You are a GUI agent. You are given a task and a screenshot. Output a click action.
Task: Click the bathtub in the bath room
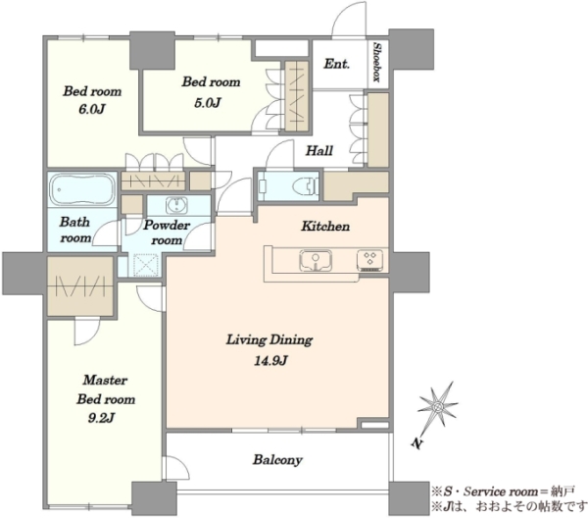click(82, 188)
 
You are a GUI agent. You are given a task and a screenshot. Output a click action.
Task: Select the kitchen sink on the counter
click(316, 260)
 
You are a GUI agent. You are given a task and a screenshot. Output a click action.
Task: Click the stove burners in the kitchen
click(370, 260)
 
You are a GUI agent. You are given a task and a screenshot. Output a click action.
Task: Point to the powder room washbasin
click(175, 205)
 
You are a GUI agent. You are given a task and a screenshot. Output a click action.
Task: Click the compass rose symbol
click(437, 406)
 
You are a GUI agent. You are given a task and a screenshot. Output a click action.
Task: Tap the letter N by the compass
click(416, 443)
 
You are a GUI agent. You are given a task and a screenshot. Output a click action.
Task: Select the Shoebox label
click(377, 63)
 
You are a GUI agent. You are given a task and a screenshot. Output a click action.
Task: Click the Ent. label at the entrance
click(336, 64)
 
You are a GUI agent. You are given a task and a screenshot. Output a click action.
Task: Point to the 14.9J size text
click(270, 361)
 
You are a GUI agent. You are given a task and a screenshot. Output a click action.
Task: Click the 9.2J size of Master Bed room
click(101, 417)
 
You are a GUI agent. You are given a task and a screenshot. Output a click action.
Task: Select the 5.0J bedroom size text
click(208, 102)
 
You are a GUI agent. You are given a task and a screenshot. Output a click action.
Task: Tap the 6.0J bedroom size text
click(91, 109)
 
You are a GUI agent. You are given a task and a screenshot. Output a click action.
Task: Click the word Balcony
click(277, 460)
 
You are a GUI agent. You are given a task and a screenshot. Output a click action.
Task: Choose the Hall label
click(319, 150)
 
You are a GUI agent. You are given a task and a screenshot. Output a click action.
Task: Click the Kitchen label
click(325, 226)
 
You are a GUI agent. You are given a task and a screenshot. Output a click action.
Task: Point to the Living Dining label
click(269, 339)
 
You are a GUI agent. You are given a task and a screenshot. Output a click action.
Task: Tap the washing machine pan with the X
click(145, 265)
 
